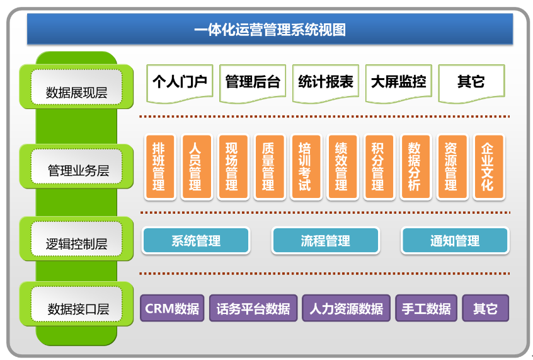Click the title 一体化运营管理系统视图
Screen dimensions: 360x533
click(270, 30)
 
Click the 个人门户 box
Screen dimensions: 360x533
click(180, 82)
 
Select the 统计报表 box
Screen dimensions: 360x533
click(325, 82)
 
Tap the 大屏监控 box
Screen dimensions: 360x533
click(398, 82)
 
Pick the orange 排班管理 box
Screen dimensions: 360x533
click(159, 166)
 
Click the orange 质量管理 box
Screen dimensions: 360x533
click(268, 166)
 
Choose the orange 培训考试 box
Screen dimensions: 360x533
click(305, 166)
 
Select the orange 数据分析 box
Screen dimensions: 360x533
click(415, 166)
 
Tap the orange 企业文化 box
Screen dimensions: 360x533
click(488, 166)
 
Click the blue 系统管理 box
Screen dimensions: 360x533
click(196, 241)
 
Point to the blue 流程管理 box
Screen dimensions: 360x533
click(325, 241)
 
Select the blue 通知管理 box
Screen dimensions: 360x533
click(454, 241)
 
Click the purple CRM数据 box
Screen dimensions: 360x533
click(172, 308)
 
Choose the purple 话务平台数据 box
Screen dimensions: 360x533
click(253, 308)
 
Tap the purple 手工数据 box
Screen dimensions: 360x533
click(427, 308)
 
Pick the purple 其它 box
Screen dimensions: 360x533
click(485, 308)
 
